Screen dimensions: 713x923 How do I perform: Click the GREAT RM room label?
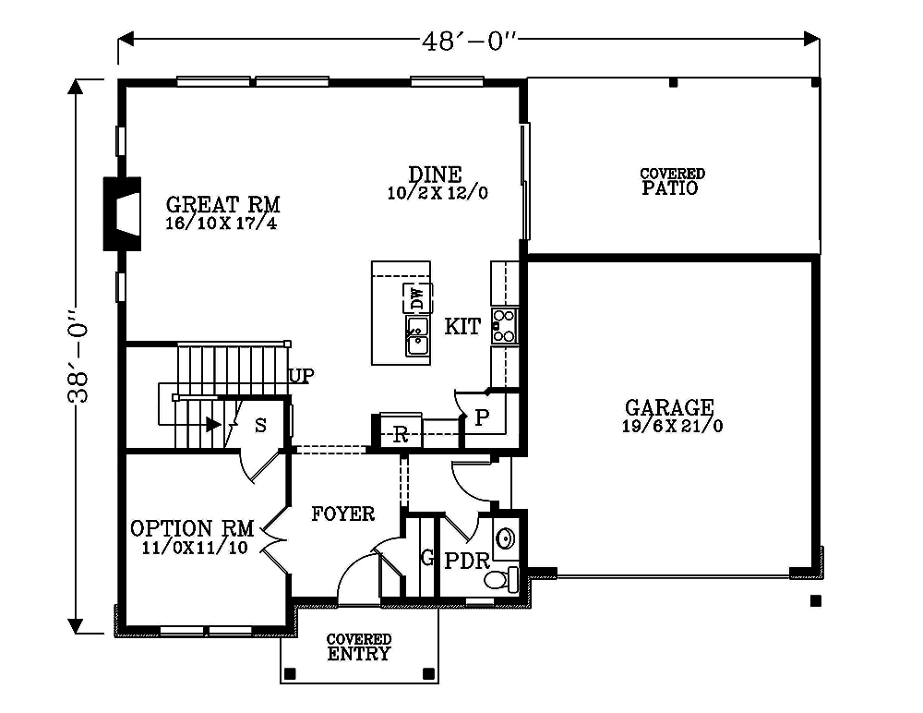(x=222, y=204)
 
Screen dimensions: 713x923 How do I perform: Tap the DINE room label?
(x=436, y=175)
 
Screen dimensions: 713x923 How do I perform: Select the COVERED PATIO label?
(x=672, y=181)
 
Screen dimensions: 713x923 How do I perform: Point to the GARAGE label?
(x=669, y=407)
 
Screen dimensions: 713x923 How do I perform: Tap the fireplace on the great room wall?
(x=122, y=213)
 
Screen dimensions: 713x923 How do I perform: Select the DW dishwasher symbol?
(x=417, y=298)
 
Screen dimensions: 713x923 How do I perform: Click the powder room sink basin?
(x=506, y=538)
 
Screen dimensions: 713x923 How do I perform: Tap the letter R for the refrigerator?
(x=400, y=434)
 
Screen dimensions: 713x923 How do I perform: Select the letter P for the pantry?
(x=481, y=418)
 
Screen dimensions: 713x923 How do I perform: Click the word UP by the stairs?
(x=302, y=376)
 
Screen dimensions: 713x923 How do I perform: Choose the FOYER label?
(x=342, y=514)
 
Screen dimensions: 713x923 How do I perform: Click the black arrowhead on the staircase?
(x=213, y=425)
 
